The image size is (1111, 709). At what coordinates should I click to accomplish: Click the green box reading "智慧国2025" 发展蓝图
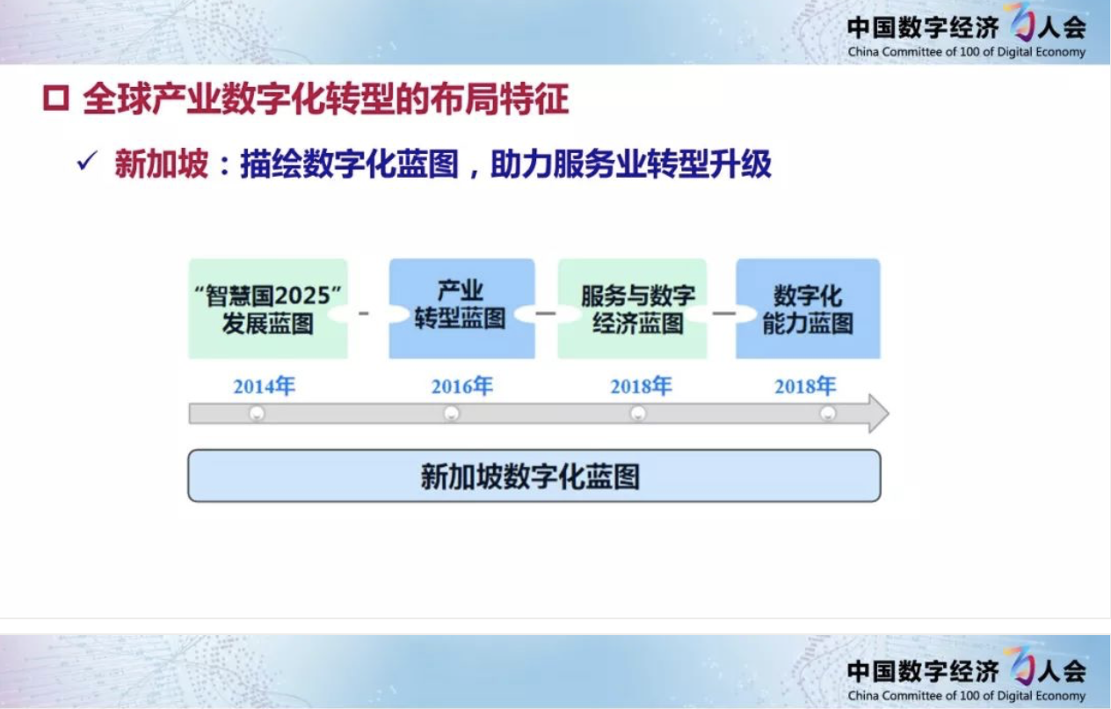click(268, 309)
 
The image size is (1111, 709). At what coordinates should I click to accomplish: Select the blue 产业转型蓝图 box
click(461, 309)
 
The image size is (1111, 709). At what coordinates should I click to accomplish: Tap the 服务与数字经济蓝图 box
click(632, 309)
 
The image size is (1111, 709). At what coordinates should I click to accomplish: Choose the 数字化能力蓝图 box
click(808, 309)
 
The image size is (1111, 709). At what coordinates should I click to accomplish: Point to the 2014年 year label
click(265, 386)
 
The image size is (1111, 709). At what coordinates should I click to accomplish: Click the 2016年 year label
click(462, 386)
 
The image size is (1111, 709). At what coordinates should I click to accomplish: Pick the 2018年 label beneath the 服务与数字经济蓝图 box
click(641, 386)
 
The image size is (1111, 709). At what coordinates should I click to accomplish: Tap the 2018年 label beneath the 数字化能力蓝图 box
click(805, 386)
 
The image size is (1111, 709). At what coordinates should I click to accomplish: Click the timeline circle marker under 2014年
click(257, 413)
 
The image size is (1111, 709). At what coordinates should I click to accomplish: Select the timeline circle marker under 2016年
click(452, 413)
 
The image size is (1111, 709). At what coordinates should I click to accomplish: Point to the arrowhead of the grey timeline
click(888, 413)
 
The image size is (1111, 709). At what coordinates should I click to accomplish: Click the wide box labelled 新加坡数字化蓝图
click(534, 476)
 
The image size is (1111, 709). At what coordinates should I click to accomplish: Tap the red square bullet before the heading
click(55, 98)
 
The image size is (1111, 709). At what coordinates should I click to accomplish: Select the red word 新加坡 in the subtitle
click(161, 164)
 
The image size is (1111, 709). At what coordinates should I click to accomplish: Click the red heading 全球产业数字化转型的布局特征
click(325, 99)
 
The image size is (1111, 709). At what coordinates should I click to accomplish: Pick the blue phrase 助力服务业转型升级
click(631, 164)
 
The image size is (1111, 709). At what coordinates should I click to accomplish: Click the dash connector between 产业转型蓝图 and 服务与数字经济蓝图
click(546, 313)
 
